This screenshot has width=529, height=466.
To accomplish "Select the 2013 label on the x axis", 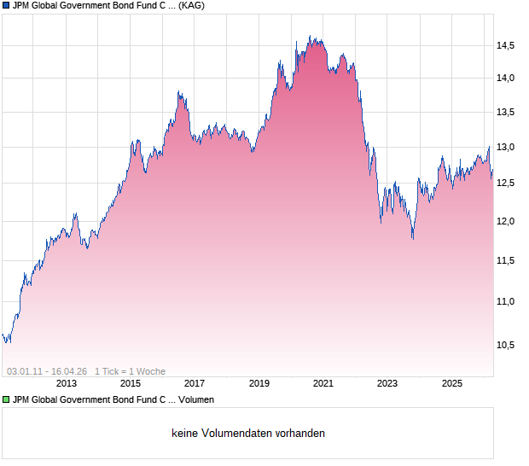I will [67, 384].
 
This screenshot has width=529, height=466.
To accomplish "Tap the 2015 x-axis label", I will [130, 384].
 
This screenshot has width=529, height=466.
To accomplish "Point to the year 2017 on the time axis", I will [195, 384].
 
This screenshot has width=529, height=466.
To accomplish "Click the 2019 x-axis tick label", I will [259, 384].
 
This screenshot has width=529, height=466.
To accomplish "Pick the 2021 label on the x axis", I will [323, 384].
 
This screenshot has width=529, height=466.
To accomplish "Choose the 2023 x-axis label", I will [387, 384].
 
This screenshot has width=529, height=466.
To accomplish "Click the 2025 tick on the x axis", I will [452, 384].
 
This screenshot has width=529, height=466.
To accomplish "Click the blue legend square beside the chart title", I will [6, 6].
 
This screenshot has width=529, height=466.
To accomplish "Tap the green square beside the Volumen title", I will [6, 399].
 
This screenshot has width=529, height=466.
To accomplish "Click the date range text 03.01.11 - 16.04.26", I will [47, 371].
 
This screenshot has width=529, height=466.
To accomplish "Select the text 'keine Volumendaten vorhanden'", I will [248, 434].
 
